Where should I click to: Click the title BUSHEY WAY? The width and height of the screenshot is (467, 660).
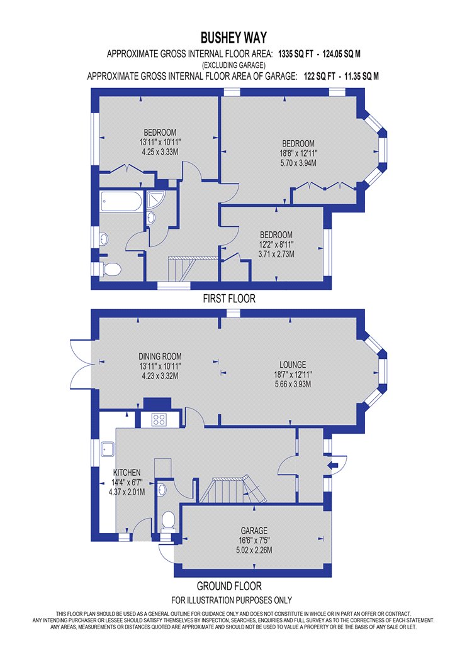point(233,38)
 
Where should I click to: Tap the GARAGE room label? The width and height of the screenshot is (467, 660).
point(254,531)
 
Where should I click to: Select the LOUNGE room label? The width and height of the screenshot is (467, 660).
point(293,365)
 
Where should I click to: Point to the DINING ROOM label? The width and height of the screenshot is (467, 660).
point(160,356)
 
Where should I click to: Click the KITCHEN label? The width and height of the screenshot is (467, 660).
point(127,473)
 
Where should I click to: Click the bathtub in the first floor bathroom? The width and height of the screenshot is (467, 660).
point(122,202)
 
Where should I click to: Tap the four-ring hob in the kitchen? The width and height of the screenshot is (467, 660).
point(159,420)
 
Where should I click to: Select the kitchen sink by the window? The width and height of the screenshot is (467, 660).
point(107,449)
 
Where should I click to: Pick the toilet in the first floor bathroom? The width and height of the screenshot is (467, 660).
point(111,269)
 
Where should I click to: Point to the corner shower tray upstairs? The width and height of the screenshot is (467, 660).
point(156,199)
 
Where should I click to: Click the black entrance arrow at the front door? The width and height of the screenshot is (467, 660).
point(333,465)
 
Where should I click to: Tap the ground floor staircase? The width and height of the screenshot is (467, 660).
point(233,490)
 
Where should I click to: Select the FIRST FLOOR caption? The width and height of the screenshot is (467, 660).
point(229,299)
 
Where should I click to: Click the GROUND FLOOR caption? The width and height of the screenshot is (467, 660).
point(229,586)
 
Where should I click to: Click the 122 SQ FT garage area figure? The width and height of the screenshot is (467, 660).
point(319,76)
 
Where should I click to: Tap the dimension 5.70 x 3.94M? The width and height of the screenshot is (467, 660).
point(298,163)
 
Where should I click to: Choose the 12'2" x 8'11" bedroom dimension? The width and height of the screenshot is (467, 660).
point(276,245)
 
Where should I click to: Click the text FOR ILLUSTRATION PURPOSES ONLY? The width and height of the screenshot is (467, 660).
point(232,600)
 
